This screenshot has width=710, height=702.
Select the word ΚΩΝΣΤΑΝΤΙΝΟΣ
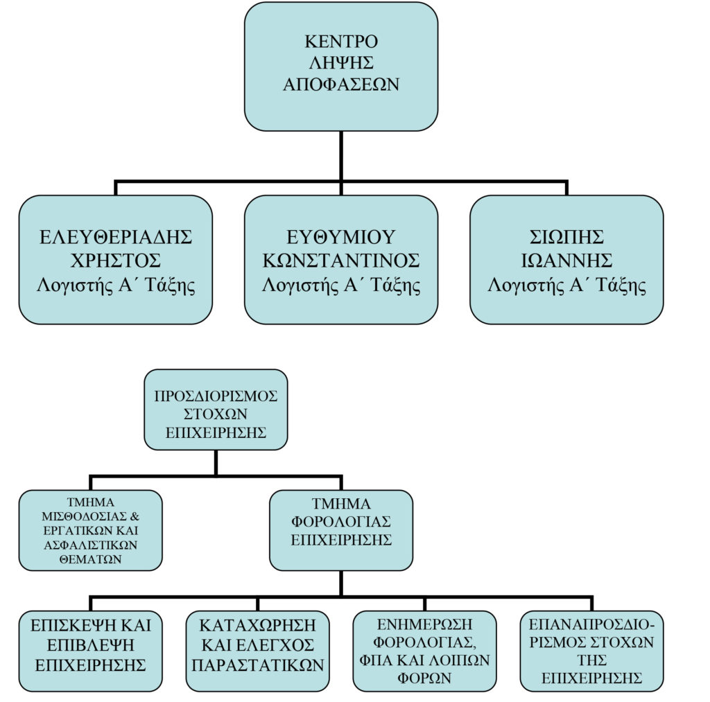[340, 260]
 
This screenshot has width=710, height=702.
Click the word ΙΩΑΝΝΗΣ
[566, 260]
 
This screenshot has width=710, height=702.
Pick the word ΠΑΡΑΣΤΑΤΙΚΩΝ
[258, 665]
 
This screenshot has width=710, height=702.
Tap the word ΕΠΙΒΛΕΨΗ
[90, 644]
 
